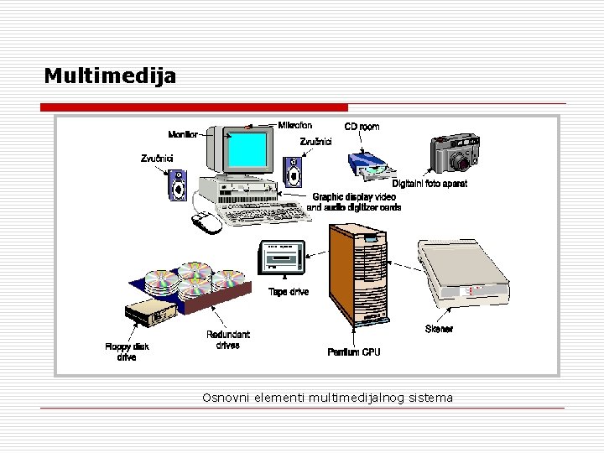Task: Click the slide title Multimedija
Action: pyautogui.click(x=110, y=76)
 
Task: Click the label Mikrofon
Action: pyautogui.click(x=294, y=125)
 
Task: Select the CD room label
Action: pyautogui.click(x=362, y=127)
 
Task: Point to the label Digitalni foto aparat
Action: pyautogui.click(x=430, y=184)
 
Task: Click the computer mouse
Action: pyautogui.click(x=206, y=222)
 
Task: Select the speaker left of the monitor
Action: pyautogui.click(x=178, y=185)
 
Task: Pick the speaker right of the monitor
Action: pyautogui.click(x=293, y=174)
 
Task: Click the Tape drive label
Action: pyautogui.click(x=289, y=292)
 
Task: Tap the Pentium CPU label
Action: pyautogui.click(x=353, y=352)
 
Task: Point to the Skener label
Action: pyautogui.click(x=439, y=330)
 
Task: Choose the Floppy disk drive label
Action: pyautogui.click(x=127, y=351)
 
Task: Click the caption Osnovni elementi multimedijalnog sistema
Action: pyautogui.click(x=327, y=397)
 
